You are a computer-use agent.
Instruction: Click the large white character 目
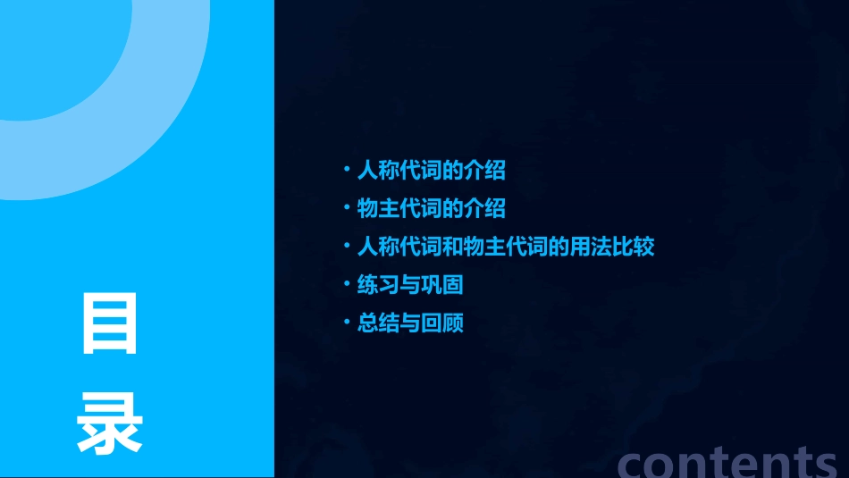point(110,323)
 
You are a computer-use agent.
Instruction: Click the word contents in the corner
point(726,461)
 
